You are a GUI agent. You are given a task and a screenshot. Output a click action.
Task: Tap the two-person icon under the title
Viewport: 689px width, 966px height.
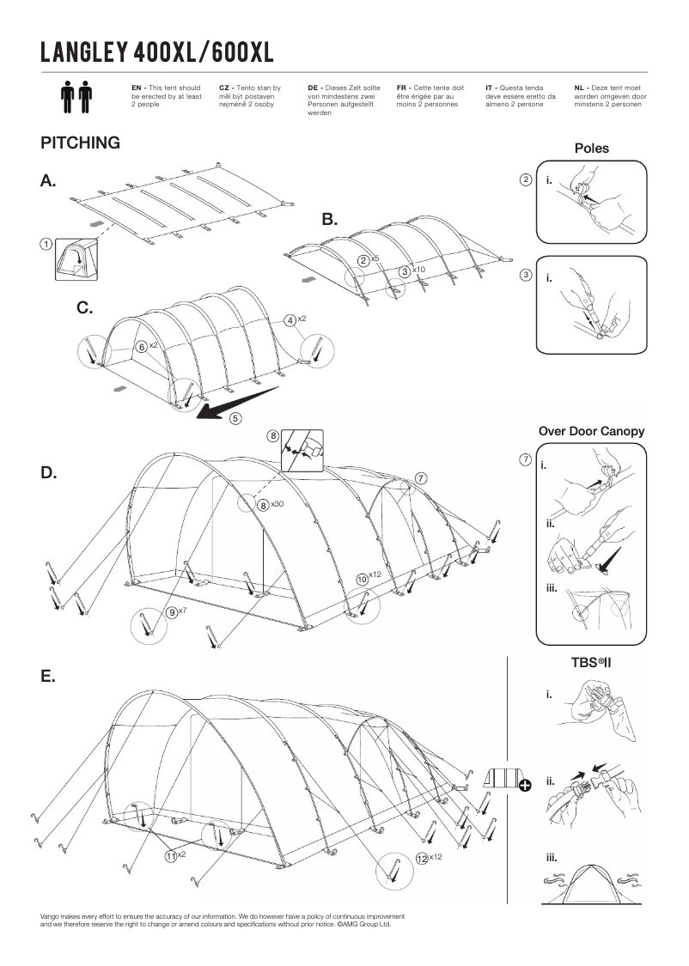76,99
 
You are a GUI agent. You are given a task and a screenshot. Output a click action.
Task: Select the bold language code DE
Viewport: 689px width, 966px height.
312,88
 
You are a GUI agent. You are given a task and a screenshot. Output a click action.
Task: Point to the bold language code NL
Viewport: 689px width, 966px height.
579,88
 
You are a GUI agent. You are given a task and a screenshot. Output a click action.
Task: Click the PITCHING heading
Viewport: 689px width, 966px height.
80,143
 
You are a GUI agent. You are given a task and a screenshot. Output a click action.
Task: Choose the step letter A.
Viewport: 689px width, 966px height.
48,180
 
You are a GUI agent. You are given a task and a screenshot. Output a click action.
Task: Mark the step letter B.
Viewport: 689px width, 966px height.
331,220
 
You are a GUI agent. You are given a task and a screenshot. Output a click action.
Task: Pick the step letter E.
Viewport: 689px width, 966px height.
48,676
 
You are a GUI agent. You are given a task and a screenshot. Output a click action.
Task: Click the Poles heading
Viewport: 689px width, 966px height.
591,149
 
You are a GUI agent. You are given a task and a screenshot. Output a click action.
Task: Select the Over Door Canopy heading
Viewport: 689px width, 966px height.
591,431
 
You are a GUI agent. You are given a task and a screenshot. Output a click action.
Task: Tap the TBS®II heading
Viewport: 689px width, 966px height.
591,663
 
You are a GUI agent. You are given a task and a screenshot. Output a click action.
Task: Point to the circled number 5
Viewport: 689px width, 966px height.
235,419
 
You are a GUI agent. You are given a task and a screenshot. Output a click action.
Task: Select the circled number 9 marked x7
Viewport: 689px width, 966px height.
173,612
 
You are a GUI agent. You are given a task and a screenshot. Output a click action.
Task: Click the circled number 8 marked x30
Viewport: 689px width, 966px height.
264,505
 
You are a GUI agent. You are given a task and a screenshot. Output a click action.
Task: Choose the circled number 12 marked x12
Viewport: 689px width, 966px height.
422,858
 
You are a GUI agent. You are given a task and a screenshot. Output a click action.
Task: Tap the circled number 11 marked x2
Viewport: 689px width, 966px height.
171,856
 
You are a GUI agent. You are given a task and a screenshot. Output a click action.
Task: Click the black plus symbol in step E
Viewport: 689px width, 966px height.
524,782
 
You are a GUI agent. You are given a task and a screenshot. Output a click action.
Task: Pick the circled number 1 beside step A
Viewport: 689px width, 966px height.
45,244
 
